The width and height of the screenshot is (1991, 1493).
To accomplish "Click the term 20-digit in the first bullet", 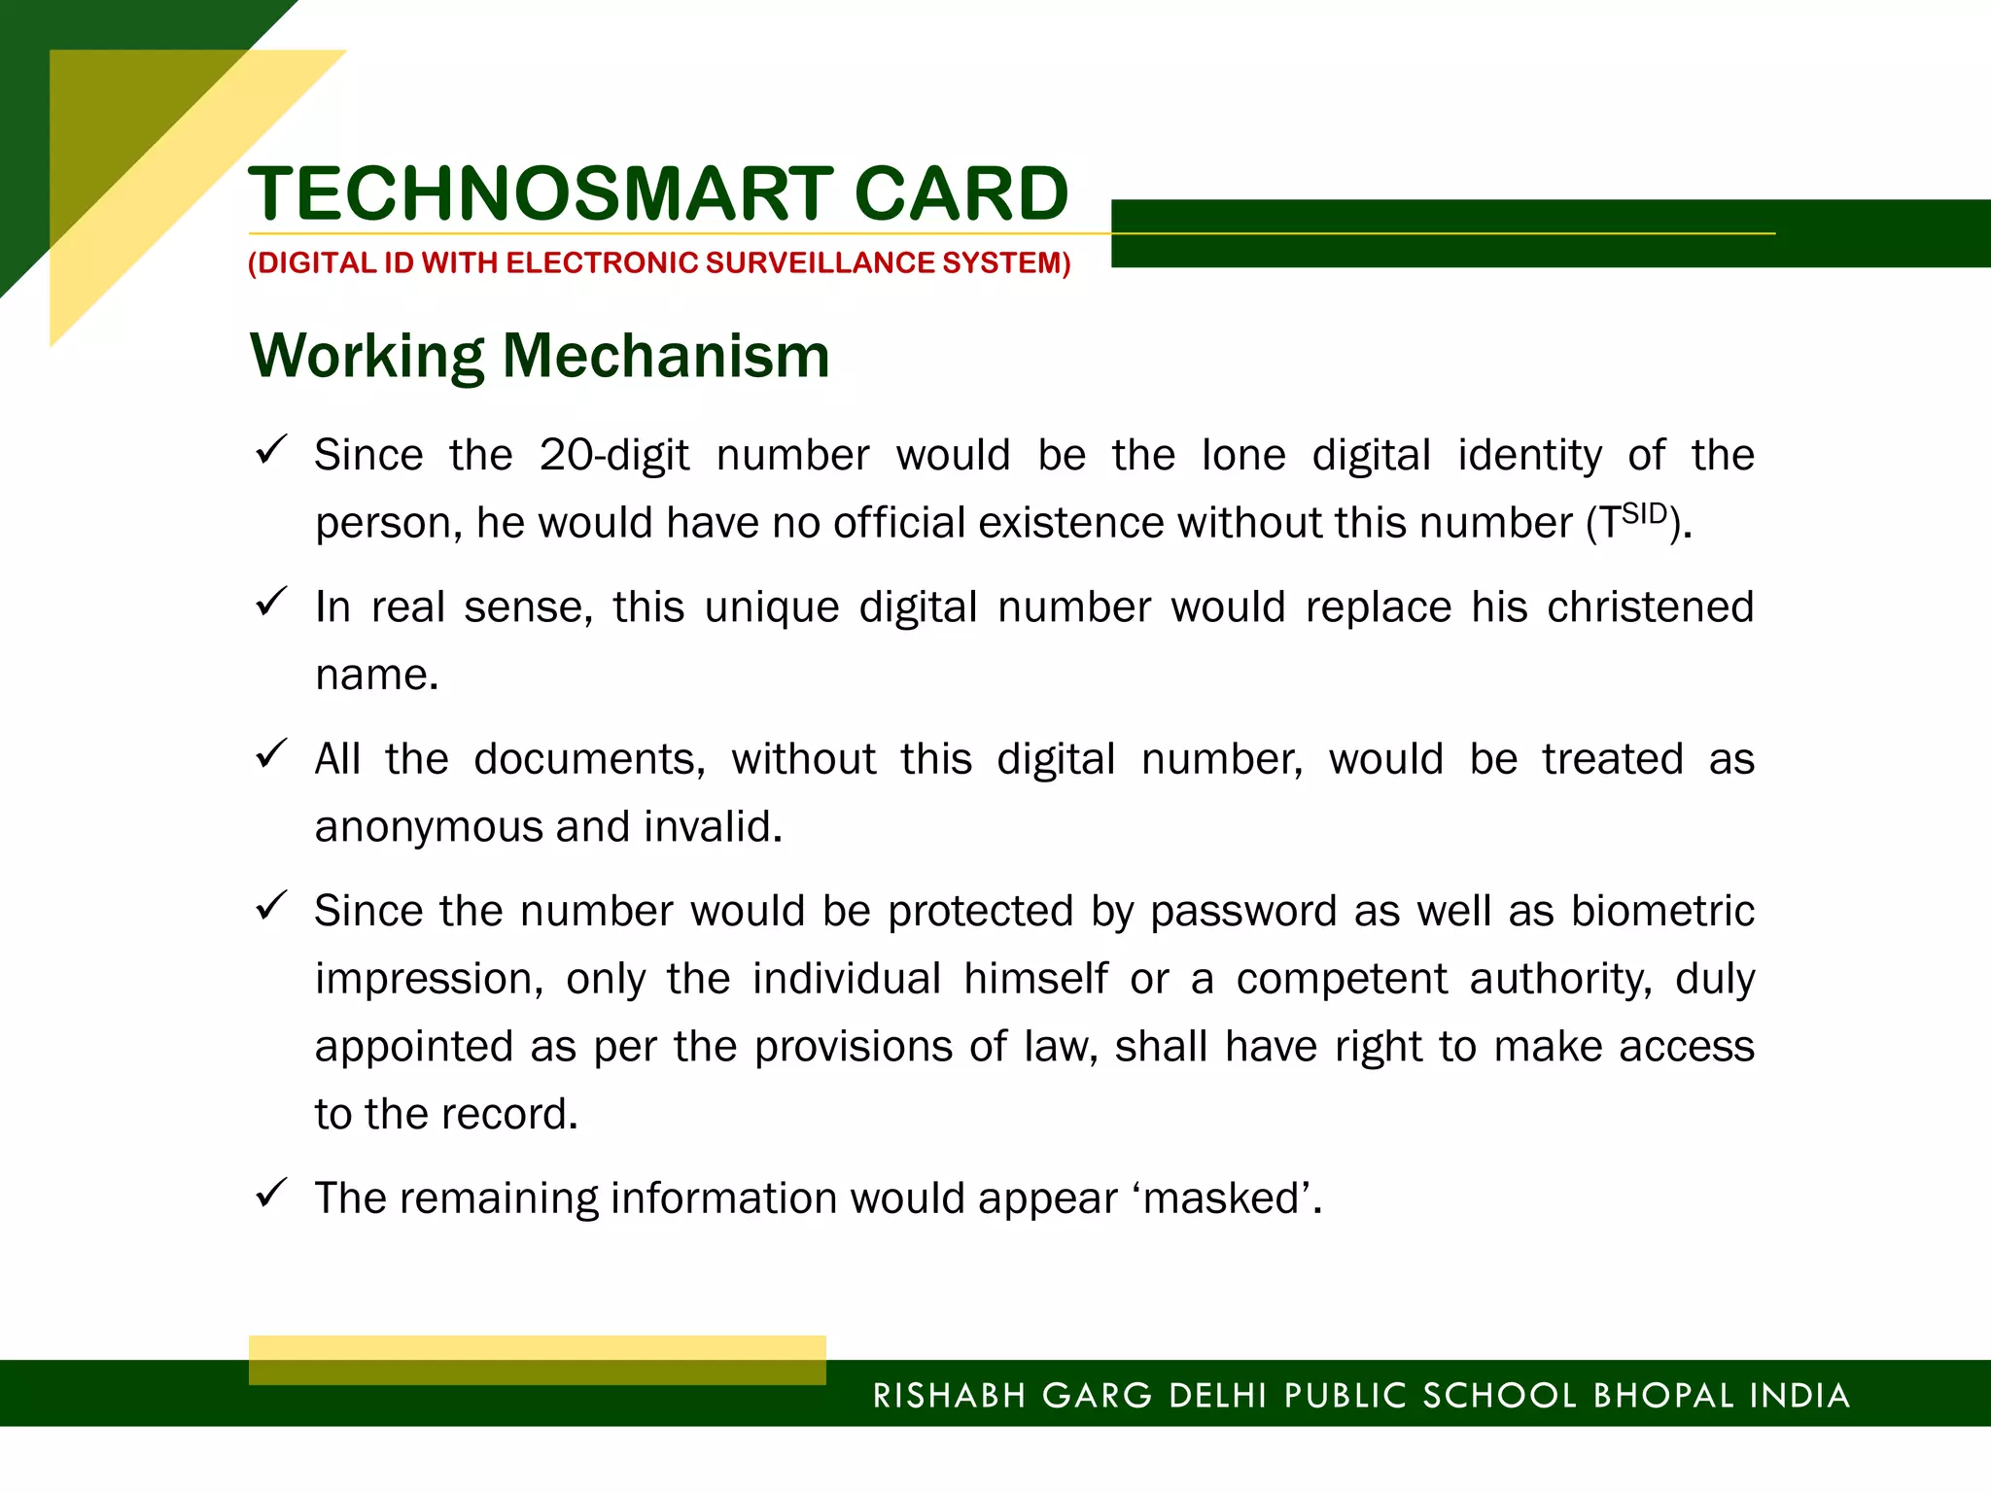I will click(614, 456).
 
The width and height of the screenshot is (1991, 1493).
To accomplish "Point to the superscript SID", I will click(1645, 513).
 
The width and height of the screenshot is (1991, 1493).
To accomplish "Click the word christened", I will click(1650, 608).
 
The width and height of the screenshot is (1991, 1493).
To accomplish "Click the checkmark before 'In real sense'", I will click(270, 602).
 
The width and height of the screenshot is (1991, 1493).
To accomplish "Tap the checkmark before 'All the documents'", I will click(270, 753).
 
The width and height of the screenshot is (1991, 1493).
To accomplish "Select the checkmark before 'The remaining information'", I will click(270, 1193).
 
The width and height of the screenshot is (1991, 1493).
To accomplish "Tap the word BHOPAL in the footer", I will click(1663, 1396).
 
